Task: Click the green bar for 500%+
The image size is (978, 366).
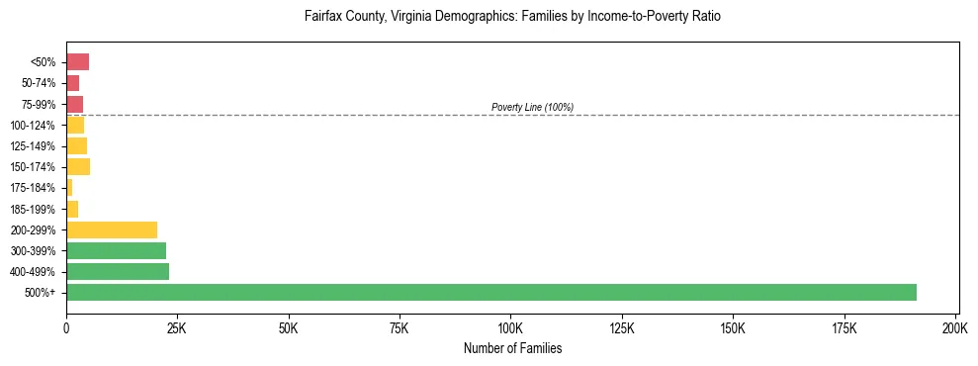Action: coord(491,292)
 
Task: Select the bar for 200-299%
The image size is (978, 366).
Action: coord(112,229)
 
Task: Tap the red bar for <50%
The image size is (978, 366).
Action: coord(77,62)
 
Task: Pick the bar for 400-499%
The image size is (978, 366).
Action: coord(118,271)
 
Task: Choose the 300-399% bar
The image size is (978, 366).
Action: coord(116,250)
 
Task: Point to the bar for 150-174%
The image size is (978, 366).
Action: coord(78,167)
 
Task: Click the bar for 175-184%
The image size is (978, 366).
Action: coord(69,188)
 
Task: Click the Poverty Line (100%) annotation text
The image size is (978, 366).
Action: coord(532,107)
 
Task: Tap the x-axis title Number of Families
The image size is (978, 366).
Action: coord(512,348)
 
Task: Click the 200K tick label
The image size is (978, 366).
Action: coord(955,327)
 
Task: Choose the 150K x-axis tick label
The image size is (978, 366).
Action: coord(733,327)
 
